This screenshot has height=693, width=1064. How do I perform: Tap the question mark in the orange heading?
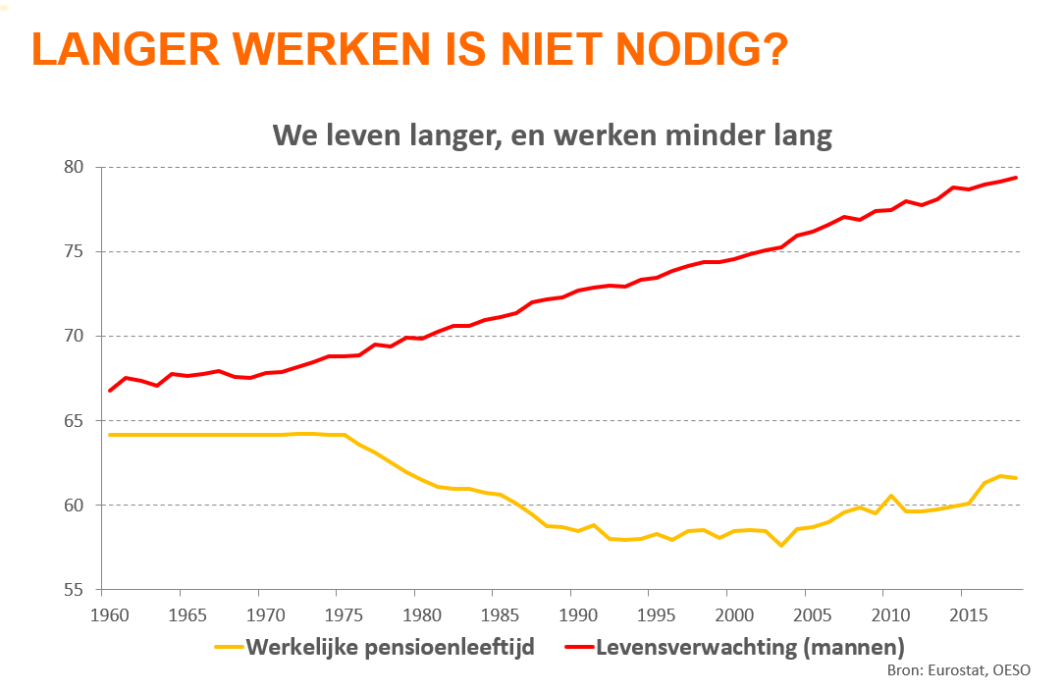point(772,50)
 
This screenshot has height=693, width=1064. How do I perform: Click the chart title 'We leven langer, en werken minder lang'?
point(552,135)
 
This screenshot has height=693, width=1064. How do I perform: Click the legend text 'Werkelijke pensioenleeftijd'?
point(390,648)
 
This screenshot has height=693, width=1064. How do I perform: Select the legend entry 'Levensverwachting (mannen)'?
point(750,648)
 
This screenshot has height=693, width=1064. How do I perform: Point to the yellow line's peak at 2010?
point(890,496)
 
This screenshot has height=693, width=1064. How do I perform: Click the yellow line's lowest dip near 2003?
point(781,545)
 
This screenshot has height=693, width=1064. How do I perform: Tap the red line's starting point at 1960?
point(110,391)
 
